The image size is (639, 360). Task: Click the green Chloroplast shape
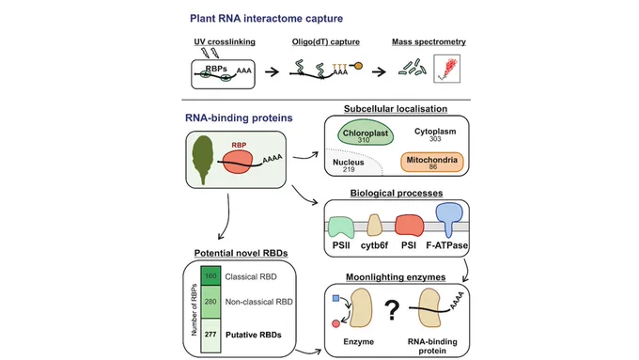(366, 133)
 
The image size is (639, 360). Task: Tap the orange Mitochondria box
(432, 163)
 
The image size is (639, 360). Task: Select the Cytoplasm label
(435, 132)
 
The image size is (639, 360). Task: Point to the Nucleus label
(348, 163)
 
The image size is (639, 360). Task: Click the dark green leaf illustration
(203, 160)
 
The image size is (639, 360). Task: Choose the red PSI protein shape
(409, 226)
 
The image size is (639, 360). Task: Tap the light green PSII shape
(341, 227)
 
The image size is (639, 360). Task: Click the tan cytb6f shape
(374, 226)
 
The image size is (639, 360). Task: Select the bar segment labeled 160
(210, 276)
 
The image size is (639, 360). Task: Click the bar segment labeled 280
(210, 302)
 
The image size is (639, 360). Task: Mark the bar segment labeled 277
(210, 336)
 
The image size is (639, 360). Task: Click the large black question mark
(392, 310)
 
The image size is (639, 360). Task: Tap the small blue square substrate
(336, 299)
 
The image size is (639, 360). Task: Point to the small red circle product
(335, 323)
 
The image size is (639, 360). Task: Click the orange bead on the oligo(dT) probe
(358, 66)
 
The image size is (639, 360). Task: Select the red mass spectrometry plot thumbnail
(447, 69)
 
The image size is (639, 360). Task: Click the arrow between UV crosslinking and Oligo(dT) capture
(272, 71)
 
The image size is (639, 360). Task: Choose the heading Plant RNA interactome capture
(267, 19)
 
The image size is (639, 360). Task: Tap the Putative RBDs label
(254, 335)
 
